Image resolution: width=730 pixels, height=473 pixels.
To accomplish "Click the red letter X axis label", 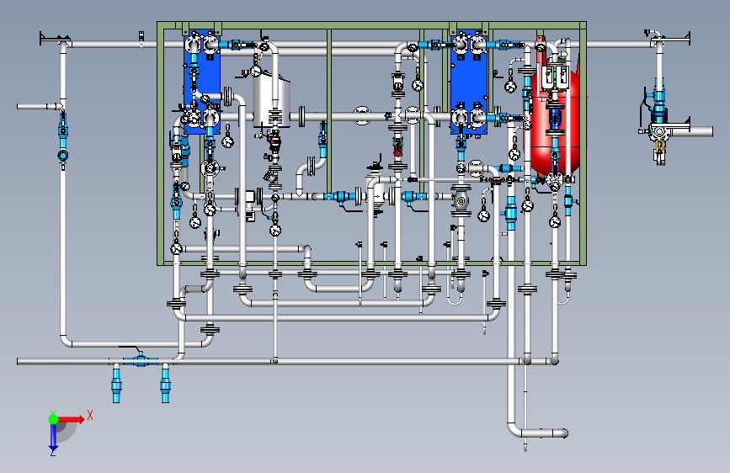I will tap(89, 415).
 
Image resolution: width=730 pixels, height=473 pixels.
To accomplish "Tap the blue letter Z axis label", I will tap(53, 452).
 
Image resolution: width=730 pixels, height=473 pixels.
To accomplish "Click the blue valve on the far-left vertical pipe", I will tap(63, 129).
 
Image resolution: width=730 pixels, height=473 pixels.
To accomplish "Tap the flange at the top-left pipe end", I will tap(43, 39).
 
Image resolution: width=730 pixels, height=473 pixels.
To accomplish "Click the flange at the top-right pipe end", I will tap(688, 37).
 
